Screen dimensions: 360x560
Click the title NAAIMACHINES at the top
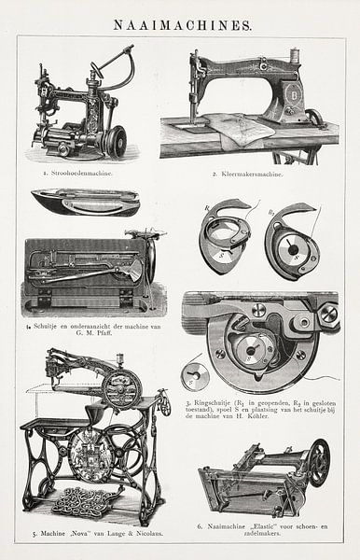[180, 25]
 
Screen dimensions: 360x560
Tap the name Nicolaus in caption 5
[145, 534]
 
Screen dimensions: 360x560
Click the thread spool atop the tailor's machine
[295, 57]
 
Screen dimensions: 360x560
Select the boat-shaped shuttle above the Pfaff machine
[85, 202]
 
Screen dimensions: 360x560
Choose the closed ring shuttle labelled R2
[291, 244]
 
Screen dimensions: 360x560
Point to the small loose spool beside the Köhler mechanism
[195, 375]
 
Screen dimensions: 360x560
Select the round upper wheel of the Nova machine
[122, 387]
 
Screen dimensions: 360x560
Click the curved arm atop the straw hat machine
[112, 63]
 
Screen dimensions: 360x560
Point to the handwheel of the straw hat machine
[117, 141]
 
